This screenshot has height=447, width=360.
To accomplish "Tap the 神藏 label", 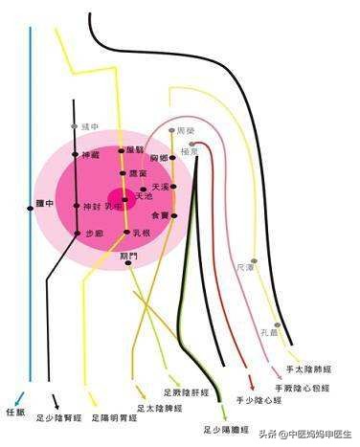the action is pos(91,155).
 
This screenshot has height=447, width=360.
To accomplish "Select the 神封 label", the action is pos(92,207).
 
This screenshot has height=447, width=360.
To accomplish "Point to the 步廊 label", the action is pos(94,233).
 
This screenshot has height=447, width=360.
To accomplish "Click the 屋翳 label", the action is pos(139,150).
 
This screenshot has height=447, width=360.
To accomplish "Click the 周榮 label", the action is pos(187,129).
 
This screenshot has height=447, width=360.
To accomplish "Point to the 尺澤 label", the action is pos(246,270).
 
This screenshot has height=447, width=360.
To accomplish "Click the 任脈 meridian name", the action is pos(16,413).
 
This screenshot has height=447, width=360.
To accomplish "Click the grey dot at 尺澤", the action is pos(254,261).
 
